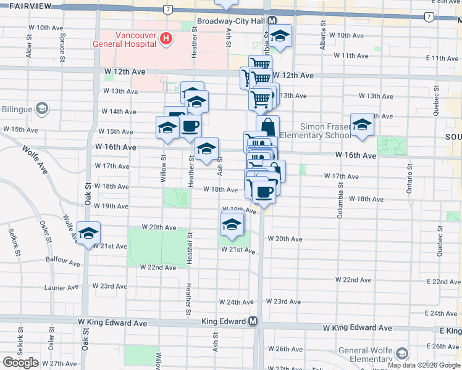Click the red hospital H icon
click(166, 39)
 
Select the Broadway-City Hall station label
click(230, 21)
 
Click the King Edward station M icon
click(253, 322)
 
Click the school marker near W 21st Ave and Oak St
click(89, 233)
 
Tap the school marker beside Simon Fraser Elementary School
click(362, 124)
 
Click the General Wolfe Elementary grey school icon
click(403, 354)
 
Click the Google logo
click(20, 363)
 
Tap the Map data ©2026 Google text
click(424, 366)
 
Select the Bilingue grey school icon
click(42, 109)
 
